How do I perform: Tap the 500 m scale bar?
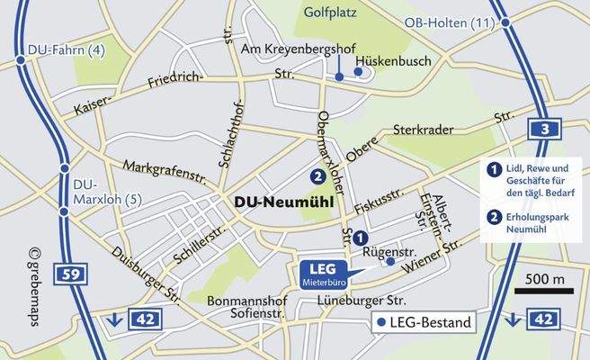coord(545,285)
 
